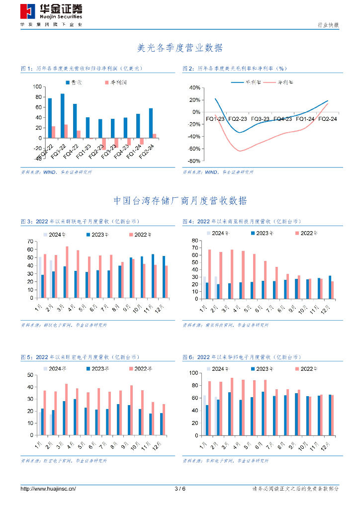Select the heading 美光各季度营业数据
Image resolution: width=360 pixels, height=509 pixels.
[180, 48]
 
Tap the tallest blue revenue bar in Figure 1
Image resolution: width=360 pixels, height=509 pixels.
[63, 115]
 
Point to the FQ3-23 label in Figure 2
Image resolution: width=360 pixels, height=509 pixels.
[260, 119]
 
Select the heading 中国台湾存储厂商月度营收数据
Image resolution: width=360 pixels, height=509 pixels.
[180, 201]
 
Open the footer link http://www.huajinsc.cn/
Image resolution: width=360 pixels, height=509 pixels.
[48, 489]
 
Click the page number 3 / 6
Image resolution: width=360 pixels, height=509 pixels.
[180, 489]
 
